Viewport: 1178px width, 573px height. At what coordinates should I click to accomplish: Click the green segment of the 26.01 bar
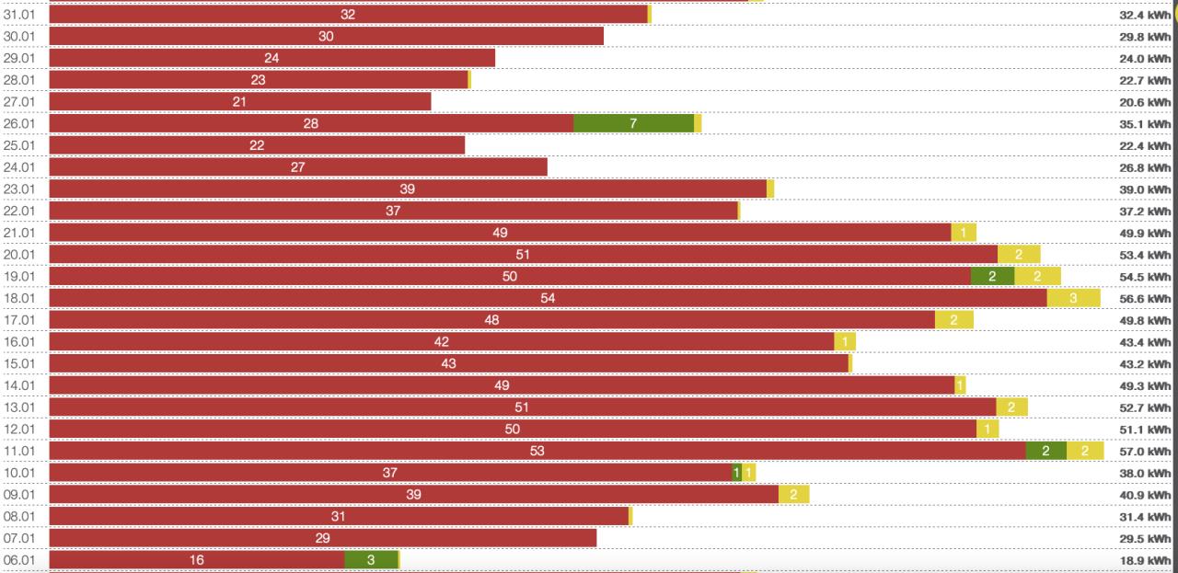click(633, 123)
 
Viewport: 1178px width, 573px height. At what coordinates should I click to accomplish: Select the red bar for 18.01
click(548, 298)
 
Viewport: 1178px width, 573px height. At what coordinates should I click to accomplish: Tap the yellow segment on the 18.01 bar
click(1073, 298)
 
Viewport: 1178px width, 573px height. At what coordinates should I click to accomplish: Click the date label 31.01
click(19, 15)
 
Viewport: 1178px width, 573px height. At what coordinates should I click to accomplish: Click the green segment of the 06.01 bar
click(371, 559)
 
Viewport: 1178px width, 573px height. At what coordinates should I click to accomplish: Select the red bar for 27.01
click(239, 101)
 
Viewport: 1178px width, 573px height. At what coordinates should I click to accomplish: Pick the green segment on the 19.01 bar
click(992, 276)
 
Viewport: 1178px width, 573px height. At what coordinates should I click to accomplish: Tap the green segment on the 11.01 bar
click(1045, 451)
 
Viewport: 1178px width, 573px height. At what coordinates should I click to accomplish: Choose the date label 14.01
click(19, 385)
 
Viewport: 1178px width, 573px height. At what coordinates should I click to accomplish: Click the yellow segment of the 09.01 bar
click(793, 495)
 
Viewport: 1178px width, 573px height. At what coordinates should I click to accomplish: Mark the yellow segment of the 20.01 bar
click(1019, 255)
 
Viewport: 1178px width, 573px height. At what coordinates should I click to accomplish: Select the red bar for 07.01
click(322, 538)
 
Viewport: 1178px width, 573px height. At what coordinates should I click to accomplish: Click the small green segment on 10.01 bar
click(736, 473)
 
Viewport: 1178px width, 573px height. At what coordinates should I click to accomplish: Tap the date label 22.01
click(19, 211)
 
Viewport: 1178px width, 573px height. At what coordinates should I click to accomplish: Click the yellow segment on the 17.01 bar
click(953, 320)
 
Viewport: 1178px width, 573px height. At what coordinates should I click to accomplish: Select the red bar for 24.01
click(297, 167)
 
